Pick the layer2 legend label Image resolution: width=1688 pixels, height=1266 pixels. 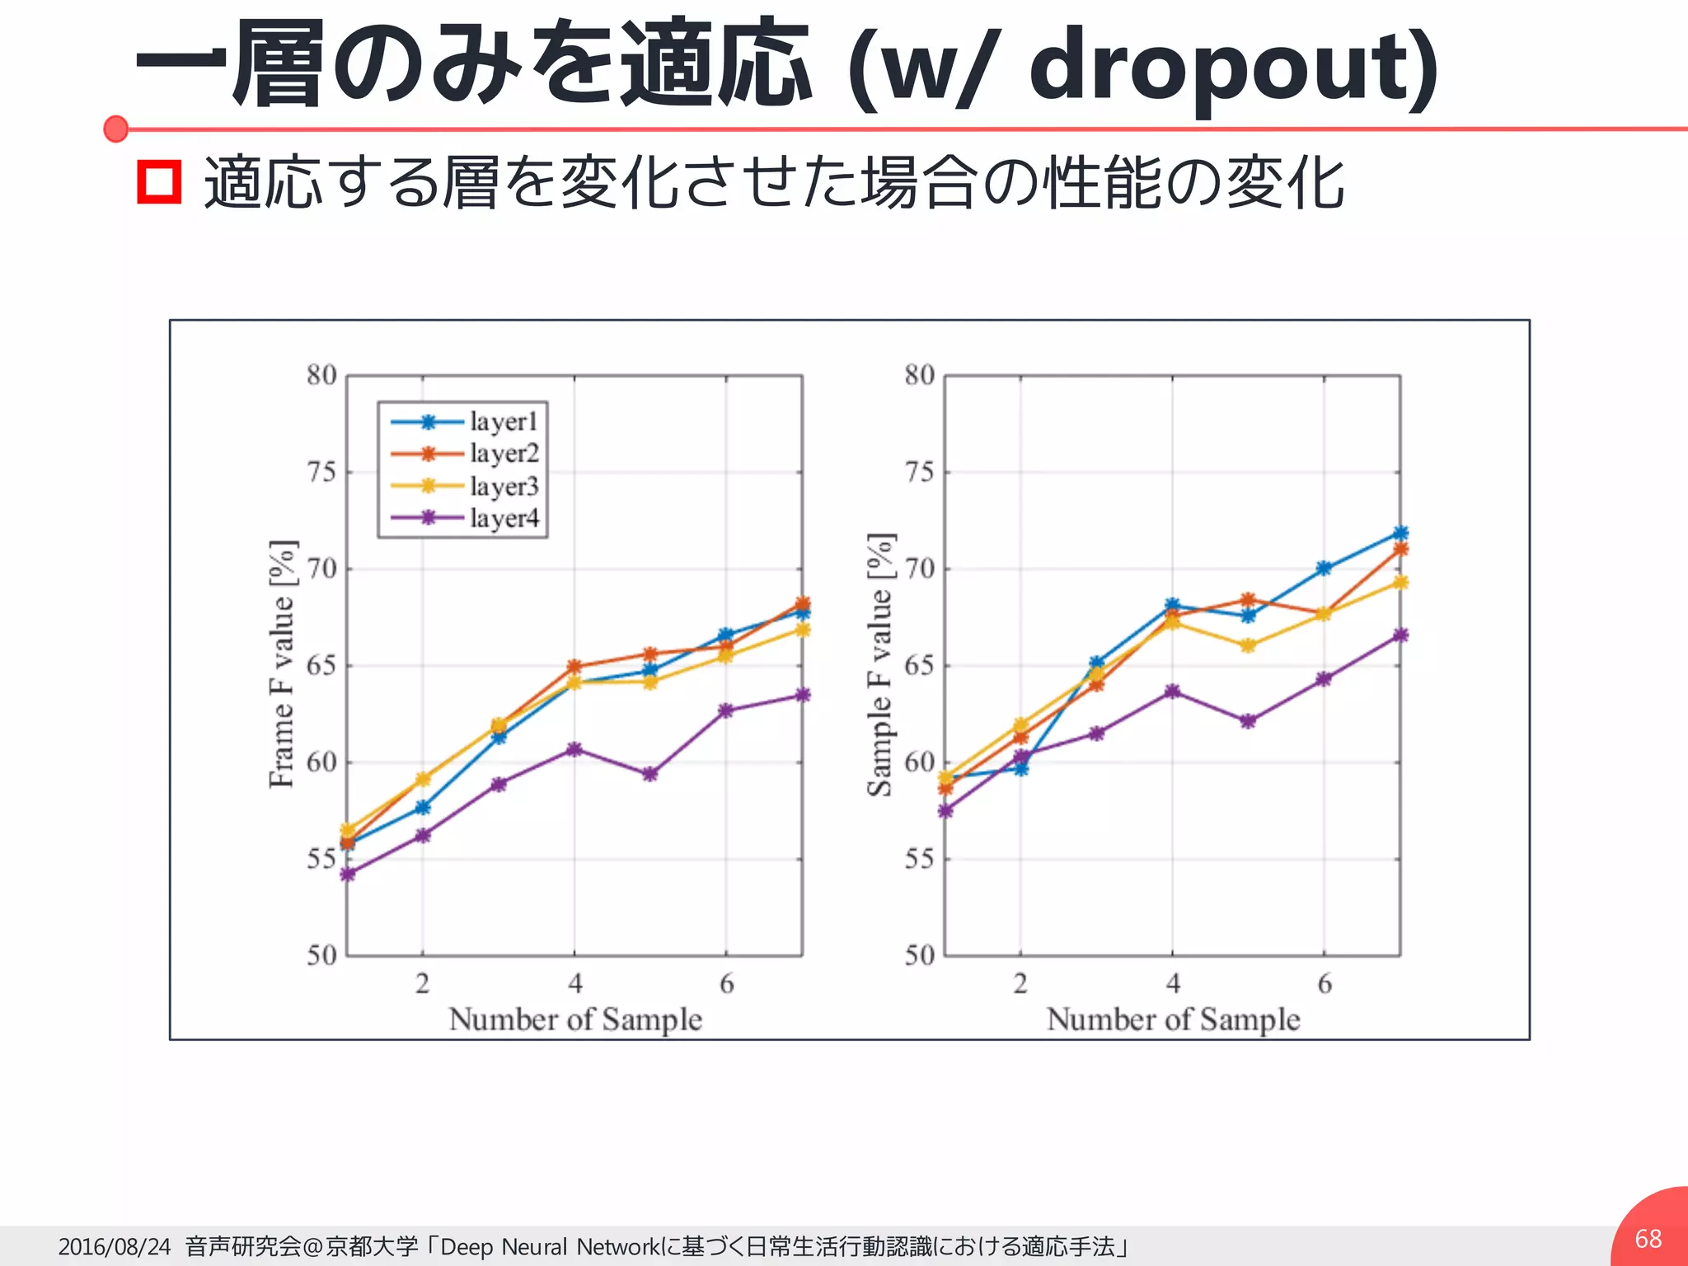[x=504, y=453]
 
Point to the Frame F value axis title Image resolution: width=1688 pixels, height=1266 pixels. [x=282, y=663]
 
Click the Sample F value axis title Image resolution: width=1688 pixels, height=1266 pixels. [x=879, y=664]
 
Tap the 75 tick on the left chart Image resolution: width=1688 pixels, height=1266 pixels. [x=321, y=472]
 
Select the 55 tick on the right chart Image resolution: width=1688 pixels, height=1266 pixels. [x=919, y=859]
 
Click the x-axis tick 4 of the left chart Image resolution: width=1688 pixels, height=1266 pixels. [x=574, y=983]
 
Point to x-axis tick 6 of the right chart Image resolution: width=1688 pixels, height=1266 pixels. [x=1325, y=983]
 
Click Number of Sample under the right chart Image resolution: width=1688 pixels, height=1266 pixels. [x=1173, y=1020]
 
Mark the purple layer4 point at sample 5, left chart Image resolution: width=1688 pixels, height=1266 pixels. [x=650, y=775]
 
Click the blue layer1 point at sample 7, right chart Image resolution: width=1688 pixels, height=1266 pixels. [x=1400, y=533]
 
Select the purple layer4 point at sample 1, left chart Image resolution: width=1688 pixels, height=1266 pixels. [x=347, y=874]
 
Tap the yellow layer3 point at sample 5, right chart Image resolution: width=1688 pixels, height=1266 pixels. [x=1248, y=645]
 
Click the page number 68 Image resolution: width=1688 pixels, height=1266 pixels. [x=1648, y=1239]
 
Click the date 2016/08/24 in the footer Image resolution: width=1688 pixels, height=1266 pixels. [x=114, y=1246]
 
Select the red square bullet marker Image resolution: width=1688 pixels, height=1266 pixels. [x=159, y=182]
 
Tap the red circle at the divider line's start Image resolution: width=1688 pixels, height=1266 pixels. [x=116, y=129]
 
